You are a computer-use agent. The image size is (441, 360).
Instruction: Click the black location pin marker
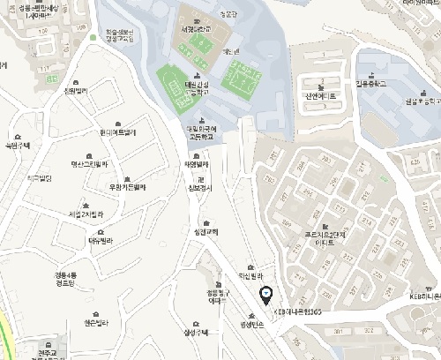tap(267, 295)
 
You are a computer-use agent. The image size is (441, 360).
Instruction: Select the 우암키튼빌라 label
tap(127, 186)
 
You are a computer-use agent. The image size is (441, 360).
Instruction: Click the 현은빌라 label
tap(94, 322)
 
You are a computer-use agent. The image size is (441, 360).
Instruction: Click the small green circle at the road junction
tap(93, 38)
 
